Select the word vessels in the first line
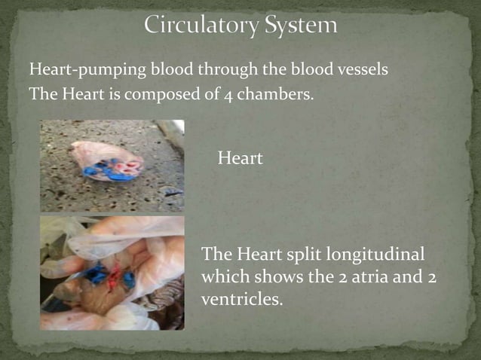364,71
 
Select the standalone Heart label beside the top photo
240,158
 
